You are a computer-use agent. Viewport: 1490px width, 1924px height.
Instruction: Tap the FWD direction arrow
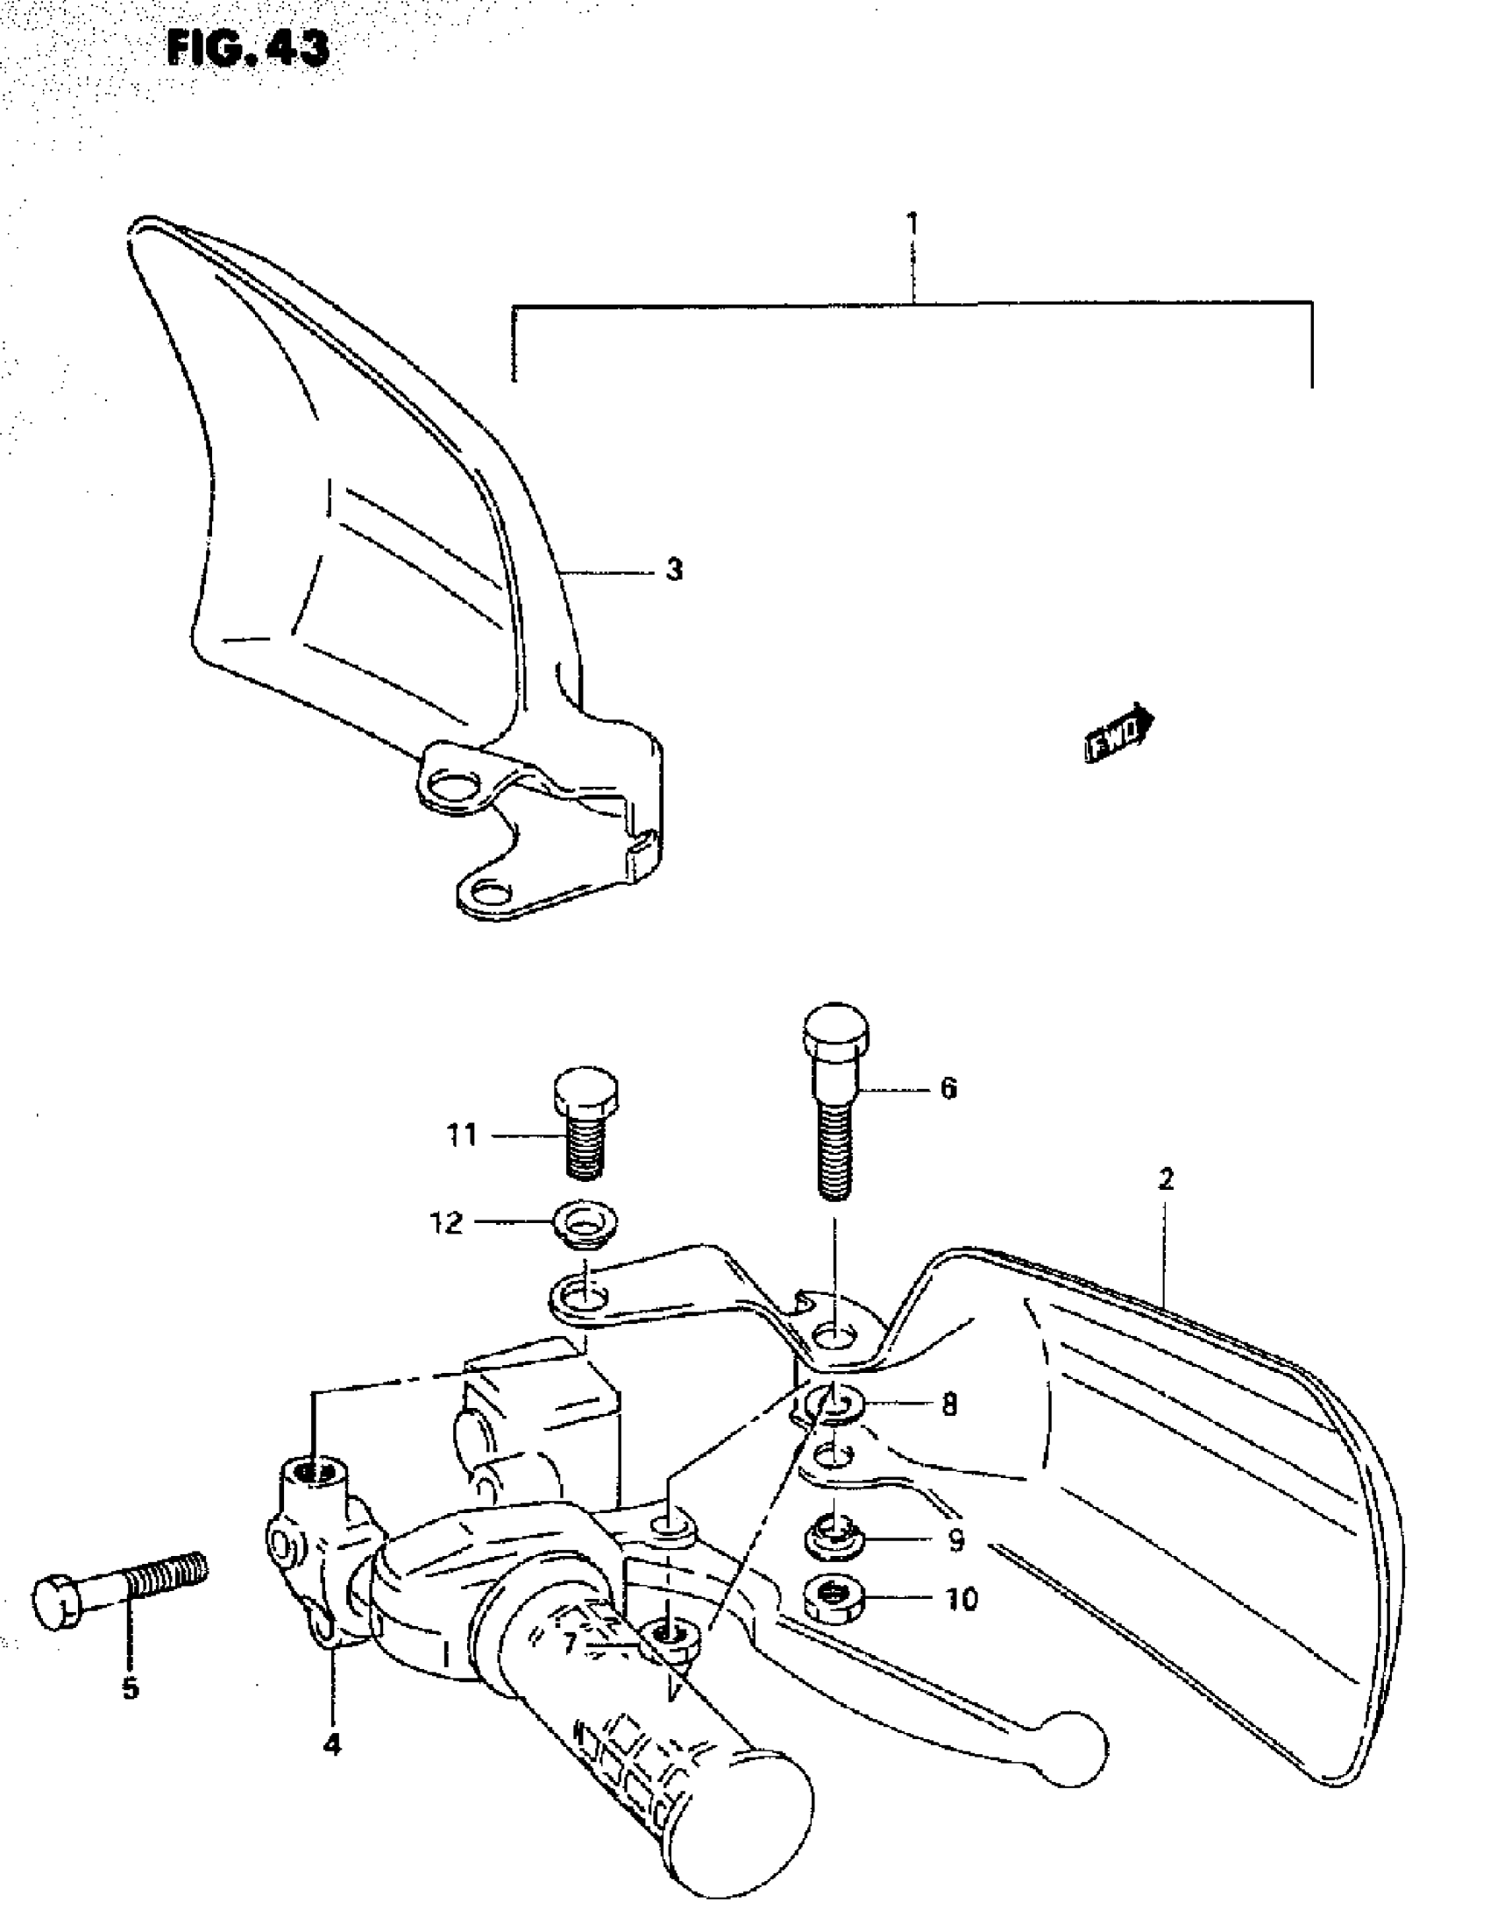coord(1118,732)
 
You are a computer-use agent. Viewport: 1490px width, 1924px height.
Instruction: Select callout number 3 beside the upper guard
coord(674,570)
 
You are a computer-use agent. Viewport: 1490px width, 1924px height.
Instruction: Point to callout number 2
coord(1165,1178)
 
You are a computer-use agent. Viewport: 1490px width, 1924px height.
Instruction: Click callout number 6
coord(948,1089)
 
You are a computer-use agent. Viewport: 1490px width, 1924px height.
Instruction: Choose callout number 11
coord(462,1135)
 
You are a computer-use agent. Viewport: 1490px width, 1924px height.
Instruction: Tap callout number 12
coord(446,1222)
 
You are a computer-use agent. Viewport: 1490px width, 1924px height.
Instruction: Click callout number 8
coord(949,1404)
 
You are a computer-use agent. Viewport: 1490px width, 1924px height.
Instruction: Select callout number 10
coord(961,1599)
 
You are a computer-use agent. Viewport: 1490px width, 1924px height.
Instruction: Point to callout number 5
coord(131,1688)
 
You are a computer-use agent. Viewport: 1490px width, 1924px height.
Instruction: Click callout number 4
coord(331,1744)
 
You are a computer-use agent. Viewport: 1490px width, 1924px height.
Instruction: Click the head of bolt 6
coord(835,1025)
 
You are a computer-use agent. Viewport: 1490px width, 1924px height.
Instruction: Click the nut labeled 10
coord(834,1598)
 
